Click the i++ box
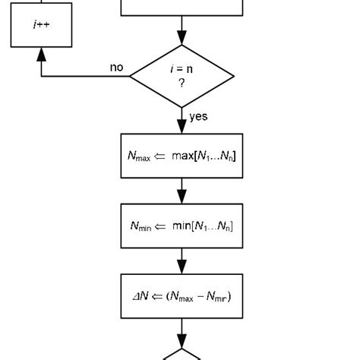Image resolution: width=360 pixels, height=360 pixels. point(41,24)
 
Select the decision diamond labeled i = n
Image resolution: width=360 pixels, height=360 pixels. point(182,76)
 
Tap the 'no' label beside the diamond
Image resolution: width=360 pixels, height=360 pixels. point(116,68)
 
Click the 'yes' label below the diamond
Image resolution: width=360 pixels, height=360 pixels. point(198,116)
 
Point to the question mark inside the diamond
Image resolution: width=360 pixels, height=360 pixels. point(182,83)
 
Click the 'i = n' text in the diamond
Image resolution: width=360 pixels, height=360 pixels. point(182,69)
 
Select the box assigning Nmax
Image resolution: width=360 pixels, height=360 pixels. point(182,156)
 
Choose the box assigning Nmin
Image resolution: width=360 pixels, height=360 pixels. point(182,226)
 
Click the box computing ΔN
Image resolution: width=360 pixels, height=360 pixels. point(182,295)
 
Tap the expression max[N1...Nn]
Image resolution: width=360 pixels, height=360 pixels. point(204,156)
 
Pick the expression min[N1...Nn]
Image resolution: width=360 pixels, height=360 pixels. point(203,226)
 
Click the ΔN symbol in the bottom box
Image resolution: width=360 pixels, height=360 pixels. point(141,296)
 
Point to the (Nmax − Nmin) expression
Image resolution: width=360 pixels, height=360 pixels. point(199,296)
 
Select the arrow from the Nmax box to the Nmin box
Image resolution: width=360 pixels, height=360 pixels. point(182,191)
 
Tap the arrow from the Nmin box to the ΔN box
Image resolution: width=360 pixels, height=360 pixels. point(182,261)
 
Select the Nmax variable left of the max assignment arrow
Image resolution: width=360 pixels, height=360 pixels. point(139,157)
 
